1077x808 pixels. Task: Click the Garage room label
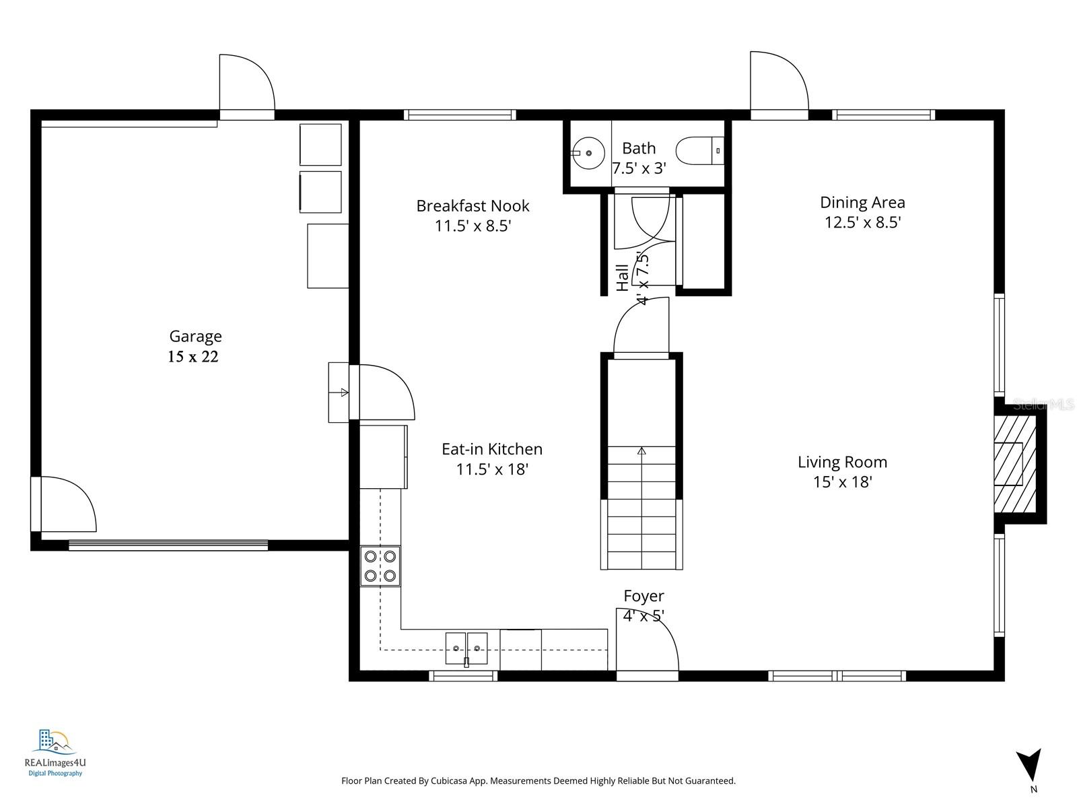click(x=195, y=336)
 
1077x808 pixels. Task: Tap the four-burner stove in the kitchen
click(x=380, y=566)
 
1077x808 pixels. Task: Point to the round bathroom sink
click(x=588, y=153)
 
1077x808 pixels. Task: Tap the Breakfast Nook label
click(x=473, y=205)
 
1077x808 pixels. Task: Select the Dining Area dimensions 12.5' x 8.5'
click(x=862, y=222)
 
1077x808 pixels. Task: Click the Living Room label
click(x=842, y=462)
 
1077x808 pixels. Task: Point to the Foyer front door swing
click(x=646, y=640)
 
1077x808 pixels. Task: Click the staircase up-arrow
click(x=641, y=451)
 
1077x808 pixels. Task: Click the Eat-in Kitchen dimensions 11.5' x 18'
click(x=492, y=469)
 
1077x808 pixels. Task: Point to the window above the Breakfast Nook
click(x=460, y=115)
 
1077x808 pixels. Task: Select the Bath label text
click(x=638, y=148)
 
